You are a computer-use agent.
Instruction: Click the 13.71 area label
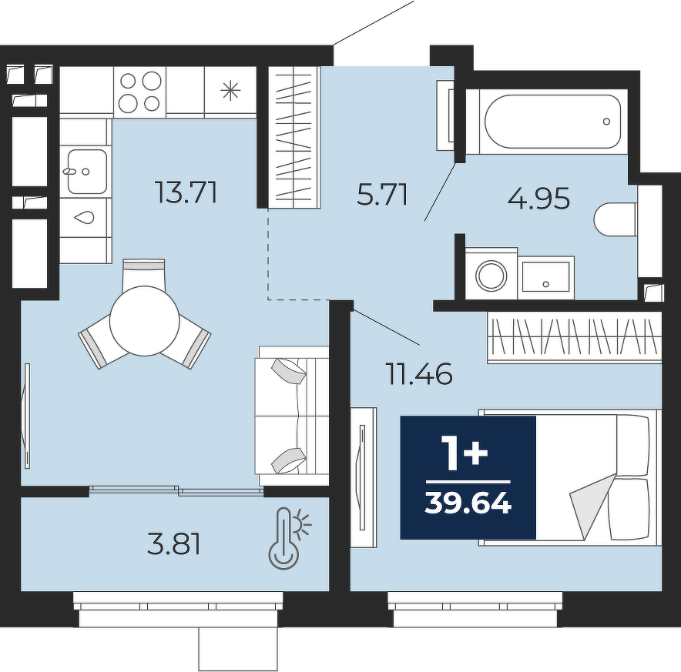186,193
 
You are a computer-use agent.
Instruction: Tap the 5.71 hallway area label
382,195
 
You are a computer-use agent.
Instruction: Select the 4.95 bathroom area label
538,199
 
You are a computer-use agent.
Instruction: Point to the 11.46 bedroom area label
420,374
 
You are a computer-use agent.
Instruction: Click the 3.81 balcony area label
174,544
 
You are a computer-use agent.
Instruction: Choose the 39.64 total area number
468,503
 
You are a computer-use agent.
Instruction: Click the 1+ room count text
465,453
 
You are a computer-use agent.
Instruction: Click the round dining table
145,321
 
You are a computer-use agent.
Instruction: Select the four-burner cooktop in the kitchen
140,91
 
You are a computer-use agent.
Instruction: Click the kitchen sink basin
86,172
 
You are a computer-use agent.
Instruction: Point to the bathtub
552,122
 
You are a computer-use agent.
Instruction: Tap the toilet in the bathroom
616,219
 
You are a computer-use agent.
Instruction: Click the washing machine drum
491,276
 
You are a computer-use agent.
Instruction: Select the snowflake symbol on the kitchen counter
230,91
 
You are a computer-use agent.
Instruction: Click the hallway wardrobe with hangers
294,137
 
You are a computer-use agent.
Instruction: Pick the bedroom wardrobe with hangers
574,337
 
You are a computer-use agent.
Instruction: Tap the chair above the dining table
144,274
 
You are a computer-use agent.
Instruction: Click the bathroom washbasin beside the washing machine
546,276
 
